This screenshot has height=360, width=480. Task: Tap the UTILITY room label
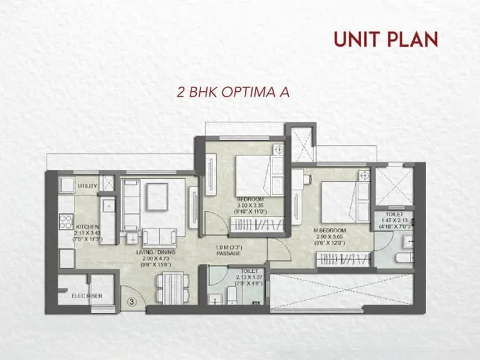88,187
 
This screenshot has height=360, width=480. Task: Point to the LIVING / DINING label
155,253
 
